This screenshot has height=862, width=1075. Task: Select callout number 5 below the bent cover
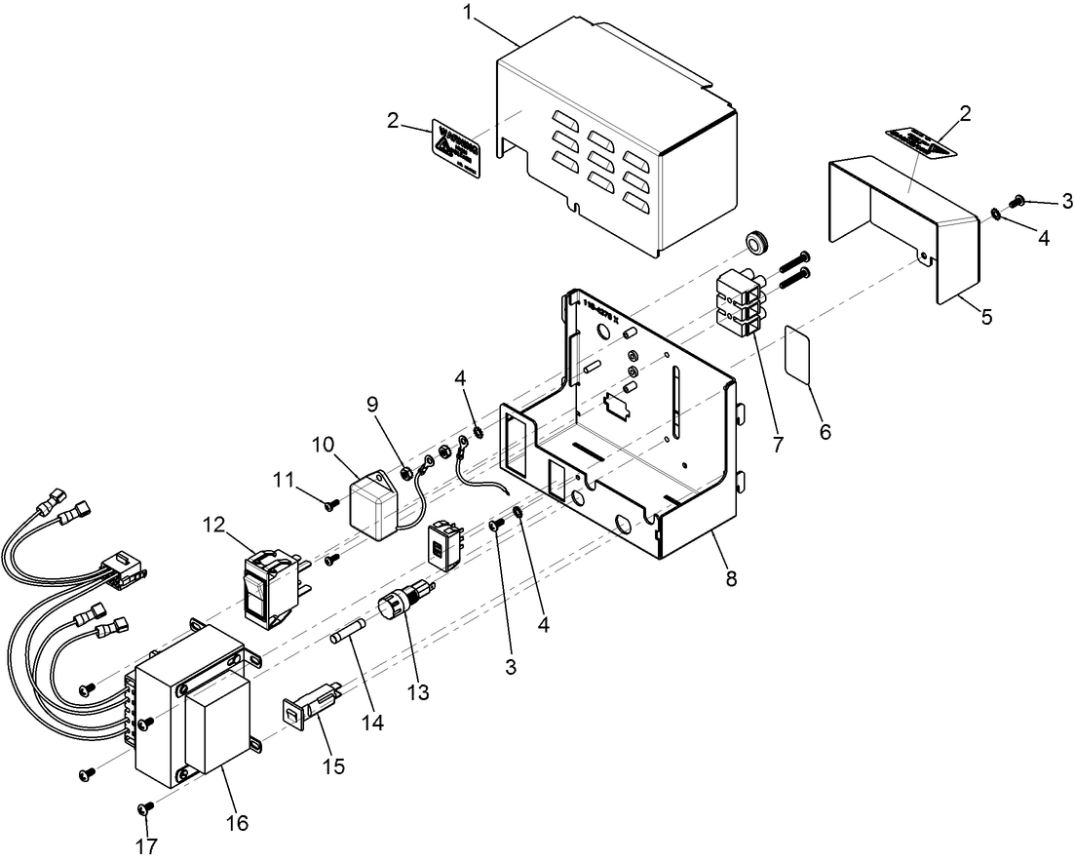click(986, 317)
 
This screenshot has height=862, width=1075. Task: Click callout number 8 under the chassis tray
click(731, 578)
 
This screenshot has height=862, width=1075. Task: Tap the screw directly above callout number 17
click(148, 807)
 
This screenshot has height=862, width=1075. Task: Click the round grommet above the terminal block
click(753, 241)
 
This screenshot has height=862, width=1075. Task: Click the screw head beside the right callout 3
click(1020, 200)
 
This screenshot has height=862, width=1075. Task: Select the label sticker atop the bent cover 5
click(920, 141)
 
